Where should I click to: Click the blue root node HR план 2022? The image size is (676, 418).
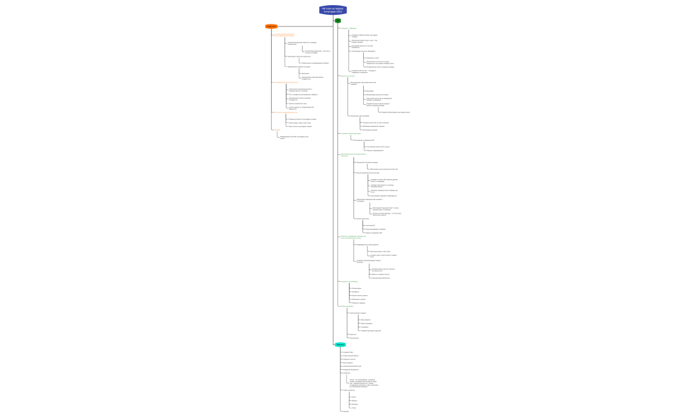pyautogui.click(x=333, y=10)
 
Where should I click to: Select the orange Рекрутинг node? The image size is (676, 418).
pyautogui.click(x=271, y=26)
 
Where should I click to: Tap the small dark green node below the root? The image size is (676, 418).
pyautogui.click(x=337, y=21)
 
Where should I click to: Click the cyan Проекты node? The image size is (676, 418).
pyautogui.click(x=340, y=345)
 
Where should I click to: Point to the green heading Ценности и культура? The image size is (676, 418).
pyautogui.click(x=347, y=76)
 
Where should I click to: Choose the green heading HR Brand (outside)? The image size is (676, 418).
pyautogui.click(x=346, y=306)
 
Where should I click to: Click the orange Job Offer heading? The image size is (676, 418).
pyautogui.click(x=276, y=130)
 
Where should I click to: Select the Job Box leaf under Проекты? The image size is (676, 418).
pyautogui.click(x=346, y=411)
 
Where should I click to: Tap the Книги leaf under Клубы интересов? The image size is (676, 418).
pyautogui.click(x=353, y=397)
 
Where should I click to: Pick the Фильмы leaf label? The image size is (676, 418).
pyautogui.click(x=354, y=401)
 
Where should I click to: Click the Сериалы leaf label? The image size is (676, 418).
pyautogui.click(x=354, y=404)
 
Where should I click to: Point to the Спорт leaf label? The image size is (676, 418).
pyautogui.click(x=353, y=408)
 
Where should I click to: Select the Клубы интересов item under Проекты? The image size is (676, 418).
pyautogui.click(x=348, y=390)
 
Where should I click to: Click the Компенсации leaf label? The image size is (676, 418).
pyautogui.click(x=356, y=288)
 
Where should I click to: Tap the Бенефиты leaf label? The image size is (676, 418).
pyautogui.click(x=355, y=292)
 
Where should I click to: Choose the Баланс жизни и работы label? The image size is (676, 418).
pyautogui.click(x=359, y=296)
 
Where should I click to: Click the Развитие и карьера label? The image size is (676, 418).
pyautogui.click(x=358, y=303)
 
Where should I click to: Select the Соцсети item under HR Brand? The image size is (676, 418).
pyautogui.click(x=352, y=334)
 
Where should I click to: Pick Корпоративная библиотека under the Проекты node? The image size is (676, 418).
pyautogui.click(x=352, y=366)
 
